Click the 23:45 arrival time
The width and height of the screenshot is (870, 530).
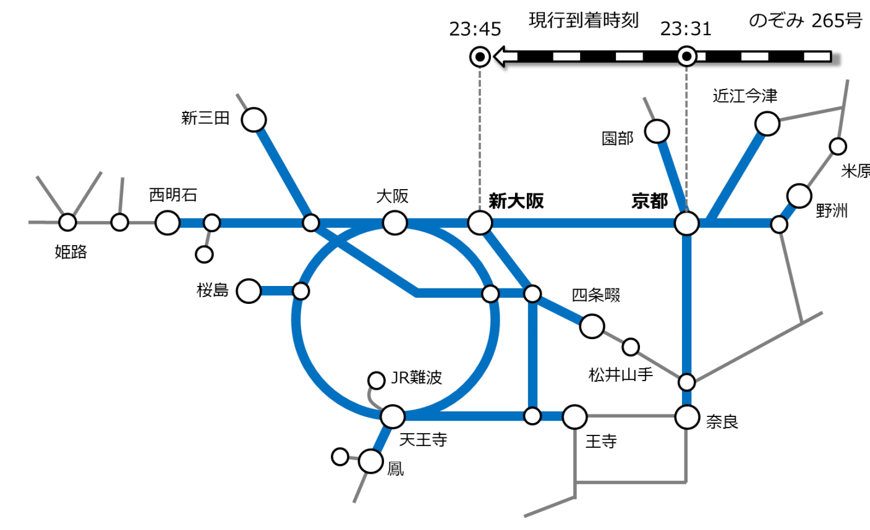pyautogui.click(x=475, y=29)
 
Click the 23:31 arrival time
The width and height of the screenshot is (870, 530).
pyautogui.click(x=686, y=28)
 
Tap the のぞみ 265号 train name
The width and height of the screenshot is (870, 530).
pyautogui.click(x=806, y=20)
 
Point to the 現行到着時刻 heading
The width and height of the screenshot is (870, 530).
pyautogui.click(x=584, y=20)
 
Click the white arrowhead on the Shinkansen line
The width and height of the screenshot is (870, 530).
pyautogui.click(x=505, y=57)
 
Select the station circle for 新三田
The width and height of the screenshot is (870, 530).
pyautogui.click(x=254, y=120)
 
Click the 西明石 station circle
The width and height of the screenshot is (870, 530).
pyautogui.click(x=168, y=223)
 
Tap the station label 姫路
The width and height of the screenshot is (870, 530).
pyautogui.click(x=70, y=252)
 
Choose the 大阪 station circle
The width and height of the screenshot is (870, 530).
pyautogui.click(x=394, y=223)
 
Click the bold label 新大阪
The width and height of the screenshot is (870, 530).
pyautogui.click(x=516, y=201)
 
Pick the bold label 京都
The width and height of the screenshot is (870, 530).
pyautogui.click(x=649, y=201)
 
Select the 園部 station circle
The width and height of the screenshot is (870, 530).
pyautogui.click(x=657, y=132)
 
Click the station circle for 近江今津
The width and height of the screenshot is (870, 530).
pyautogui.click(x=767, y=124)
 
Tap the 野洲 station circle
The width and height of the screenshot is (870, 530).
pyautogui.click(x=799, y=196)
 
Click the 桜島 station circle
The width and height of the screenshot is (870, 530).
pyautogui.click(x=249, y=291)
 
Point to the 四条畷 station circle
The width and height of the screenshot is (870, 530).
pyautogui.click(x=592, y=326)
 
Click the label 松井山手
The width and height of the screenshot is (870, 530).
pyautogui.click(x=621, y=375)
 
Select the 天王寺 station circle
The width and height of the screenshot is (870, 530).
pyautogui.click(x=393, y=417)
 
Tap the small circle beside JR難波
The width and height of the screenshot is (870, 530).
pyautogui.click(x=376, y=381)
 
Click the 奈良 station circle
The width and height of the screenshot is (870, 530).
pyautogui.click(x=687, y=418)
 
